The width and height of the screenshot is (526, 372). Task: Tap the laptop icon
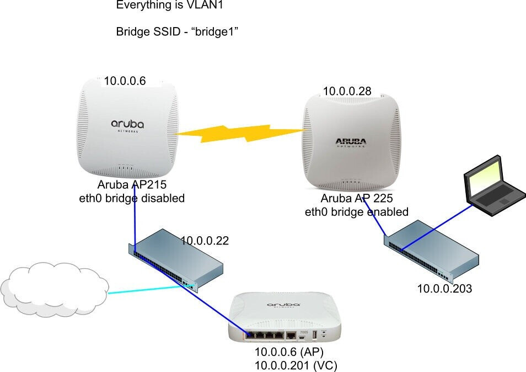tap(495, 185)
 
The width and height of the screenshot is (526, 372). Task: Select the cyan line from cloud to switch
tap(151, 289)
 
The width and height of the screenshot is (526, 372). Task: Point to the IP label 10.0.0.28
tap(347, 91)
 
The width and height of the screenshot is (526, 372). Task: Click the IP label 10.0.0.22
tap(205, 241)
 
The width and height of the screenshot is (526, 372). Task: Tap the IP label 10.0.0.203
tap(444, 289)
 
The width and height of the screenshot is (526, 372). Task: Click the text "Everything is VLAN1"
tap(169, 5)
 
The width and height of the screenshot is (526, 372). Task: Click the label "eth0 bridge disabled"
tap(132, 198)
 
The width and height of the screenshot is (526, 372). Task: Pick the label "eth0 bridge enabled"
tap(357, 212)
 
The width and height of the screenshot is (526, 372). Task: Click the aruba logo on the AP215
tap(127, 125)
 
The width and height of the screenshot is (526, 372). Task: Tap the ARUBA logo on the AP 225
tap(351, 142)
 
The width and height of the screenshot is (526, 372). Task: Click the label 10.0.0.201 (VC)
tap(296, 365)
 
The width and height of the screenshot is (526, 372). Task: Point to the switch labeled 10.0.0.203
tap(431, 251)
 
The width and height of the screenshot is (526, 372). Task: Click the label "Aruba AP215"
tap(132, 184)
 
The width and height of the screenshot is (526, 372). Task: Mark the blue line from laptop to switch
tap(437, 227)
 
